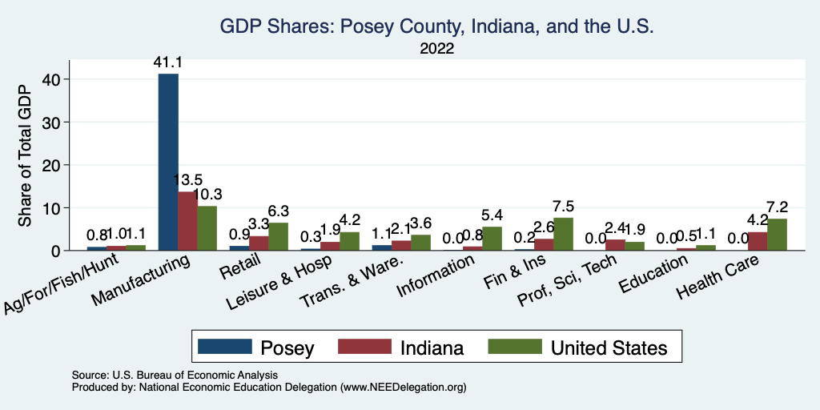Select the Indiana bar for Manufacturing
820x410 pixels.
click(x=188, y=221)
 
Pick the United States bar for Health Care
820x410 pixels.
click(x=777, y=235)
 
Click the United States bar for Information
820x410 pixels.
click(x=492, y=239)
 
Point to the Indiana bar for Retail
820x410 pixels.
click(x=259, y=243)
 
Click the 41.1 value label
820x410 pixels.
click(x=169, y=62)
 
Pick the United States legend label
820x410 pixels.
click(x=609, y=348)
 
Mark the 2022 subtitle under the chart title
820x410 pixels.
click(x=437, y=49)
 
